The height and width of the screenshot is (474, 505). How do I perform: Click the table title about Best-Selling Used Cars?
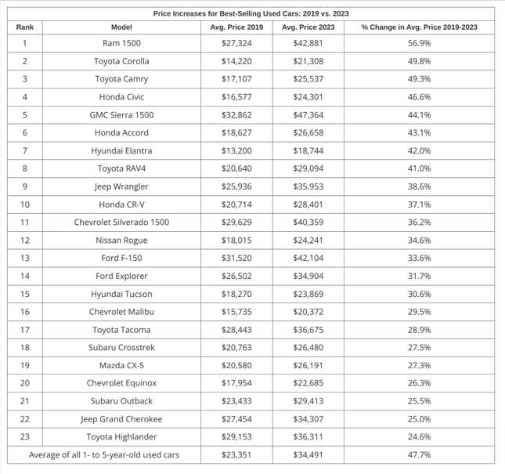click(x=251, y=13)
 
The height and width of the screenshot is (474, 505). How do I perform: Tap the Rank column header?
click(x=25, y=27)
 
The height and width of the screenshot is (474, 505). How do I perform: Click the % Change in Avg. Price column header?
click(x=419, y=27)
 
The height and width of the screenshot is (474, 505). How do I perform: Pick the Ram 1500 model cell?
click(x=121, y=43)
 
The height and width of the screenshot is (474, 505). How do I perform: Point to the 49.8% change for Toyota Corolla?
click(x=419, y=61)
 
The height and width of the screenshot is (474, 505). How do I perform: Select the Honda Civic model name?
click(x=121, y=97)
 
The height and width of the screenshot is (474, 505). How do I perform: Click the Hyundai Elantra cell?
click(x=121, y=150)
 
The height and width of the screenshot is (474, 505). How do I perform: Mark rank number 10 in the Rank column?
click(x=25, y=204)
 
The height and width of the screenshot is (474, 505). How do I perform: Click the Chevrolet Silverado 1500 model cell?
click(x=121, y=223)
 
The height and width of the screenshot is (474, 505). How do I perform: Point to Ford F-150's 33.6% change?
click(x=419, y=259)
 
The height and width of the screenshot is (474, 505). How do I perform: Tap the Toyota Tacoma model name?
click(x=121, y=330)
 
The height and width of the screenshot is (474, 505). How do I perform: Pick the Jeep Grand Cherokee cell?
click(x=121, y=419)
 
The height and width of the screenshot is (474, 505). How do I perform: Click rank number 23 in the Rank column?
click(x=25, y=437)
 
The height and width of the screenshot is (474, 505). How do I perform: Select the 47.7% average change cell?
click(x=419, y=455)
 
